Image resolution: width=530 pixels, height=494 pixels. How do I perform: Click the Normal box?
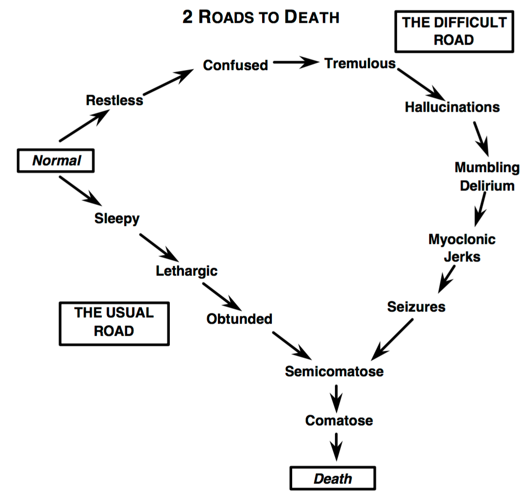point(55,161)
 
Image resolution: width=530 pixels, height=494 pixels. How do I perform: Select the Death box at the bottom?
point(332,478)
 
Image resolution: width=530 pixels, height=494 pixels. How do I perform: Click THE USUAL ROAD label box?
point(114,323)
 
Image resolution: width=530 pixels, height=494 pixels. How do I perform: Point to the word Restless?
point(115,100)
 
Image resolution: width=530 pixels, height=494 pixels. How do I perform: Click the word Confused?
point(235,65)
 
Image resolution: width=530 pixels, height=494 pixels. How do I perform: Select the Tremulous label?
point(360,64)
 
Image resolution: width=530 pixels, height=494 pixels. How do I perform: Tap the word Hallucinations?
point(452,107)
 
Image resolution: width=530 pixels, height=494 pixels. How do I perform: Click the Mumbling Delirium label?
point(487,176)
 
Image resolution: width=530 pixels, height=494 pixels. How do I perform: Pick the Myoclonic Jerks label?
point(462,248)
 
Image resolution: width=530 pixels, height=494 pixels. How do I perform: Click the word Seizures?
point(416,307)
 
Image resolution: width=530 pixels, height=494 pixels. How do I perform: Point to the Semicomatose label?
point(334,372)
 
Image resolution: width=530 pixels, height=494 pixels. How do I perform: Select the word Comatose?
point(339,420)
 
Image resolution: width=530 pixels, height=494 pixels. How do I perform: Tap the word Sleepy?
point(116,219)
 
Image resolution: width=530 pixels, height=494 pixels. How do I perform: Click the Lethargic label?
point(186,271)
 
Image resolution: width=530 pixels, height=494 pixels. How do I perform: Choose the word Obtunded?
point(239,319)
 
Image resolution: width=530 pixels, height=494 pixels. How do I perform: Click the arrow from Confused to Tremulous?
point(295,63)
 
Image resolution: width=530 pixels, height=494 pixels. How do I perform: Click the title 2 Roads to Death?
point(261,17)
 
